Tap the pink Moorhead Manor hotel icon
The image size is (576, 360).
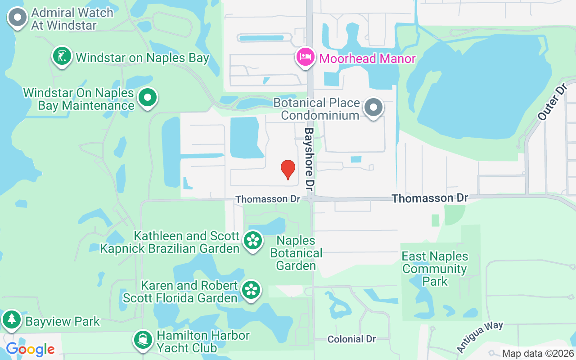[306, 57]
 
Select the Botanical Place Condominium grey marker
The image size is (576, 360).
[373, 108]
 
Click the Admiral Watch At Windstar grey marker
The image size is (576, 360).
[18, 18]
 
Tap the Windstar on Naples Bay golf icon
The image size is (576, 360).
[63, 56]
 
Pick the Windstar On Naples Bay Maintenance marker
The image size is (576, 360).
[147, 98]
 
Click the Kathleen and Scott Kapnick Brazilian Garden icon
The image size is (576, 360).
[252, 240]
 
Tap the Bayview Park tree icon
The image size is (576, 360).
[11, 319]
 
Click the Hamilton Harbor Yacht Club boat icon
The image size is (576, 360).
[144, 340]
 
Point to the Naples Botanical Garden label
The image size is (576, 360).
[296, 253]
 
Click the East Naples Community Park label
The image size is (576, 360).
[435, 269]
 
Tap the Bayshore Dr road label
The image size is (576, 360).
[309, 157]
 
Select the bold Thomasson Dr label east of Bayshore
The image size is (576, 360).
[430, 198]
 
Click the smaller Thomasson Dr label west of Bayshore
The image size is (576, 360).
[268, 199]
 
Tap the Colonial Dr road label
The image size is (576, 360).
[351, 339]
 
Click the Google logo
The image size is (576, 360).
[30, 349]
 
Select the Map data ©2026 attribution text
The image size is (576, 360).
[537, 354]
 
